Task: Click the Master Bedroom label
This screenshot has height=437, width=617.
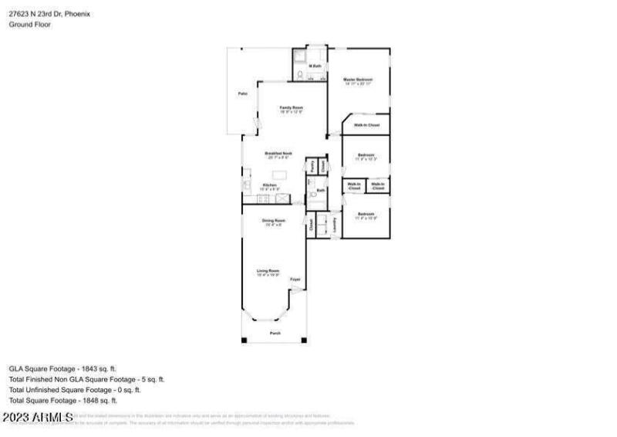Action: pos(358,80)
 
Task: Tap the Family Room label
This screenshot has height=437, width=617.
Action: pos(291,107)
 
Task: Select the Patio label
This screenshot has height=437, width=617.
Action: pos(242,93)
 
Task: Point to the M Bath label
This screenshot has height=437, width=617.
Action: pos(315,66)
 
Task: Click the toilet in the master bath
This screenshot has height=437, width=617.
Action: pos(298,75)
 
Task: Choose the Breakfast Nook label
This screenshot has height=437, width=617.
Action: pos(278,154)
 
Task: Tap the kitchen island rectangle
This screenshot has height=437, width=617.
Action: pos(278,174)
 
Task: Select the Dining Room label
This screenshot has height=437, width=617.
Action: pos(272,222)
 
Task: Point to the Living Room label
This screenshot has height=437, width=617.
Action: pos(268,271)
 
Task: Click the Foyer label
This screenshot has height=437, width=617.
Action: pos(294,279)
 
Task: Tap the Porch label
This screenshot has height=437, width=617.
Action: pos(275,333)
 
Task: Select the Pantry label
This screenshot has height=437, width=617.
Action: pos(312,165)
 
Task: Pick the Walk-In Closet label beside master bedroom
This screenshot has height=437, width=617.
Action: pos(366,124)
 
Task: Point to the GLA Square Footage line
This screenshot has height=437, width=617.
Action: pos(62,369)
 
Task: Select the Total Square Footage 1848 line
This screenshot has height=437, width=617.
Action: pos(62,401)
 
